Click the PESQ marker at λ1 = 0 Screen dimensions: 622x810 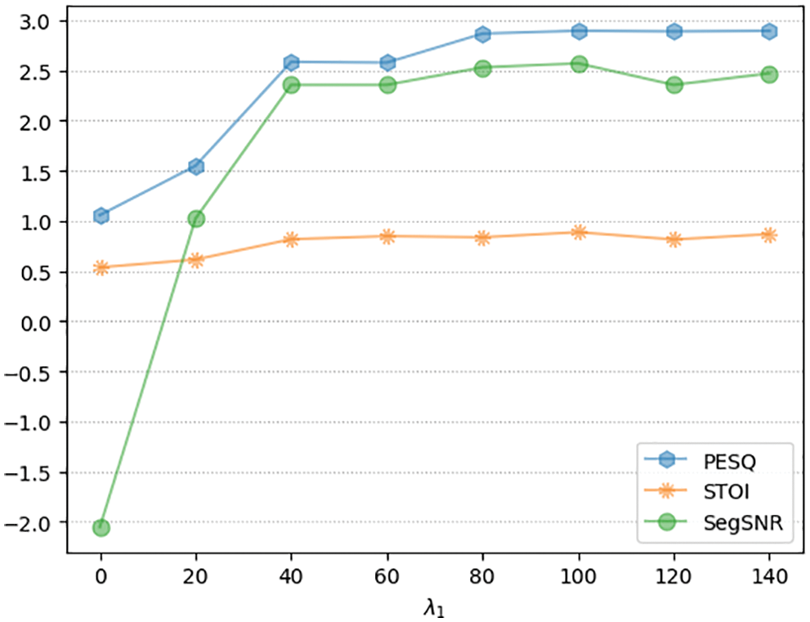click(x=101, y=216)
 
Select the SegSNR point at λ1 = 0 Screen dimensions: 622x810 click(x=101, y=528)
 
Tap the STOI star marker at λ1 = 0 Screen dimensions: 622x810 click(x=101, y=267)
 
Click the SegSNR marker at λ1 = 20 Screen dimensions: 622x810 click(x=196, y=218)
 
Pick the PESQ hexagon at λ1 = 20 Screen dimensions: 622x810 click(x=196, y=167)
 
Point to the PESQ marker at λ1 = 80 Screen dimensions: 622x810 click(x=483, y=34)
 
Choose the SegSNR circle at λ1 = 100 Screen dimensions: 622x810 click(x=579, y=64)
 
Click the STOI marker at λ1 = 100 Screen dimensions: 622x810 click(x=579, y=232)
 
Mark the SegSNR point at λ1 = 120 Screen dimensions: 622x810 click(x=674, y=84)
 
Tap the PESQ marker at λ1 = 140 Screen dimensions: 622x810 click(x=769, y=32)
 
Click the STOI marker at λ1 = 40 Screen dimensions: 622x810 click(x=292, y=239)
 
